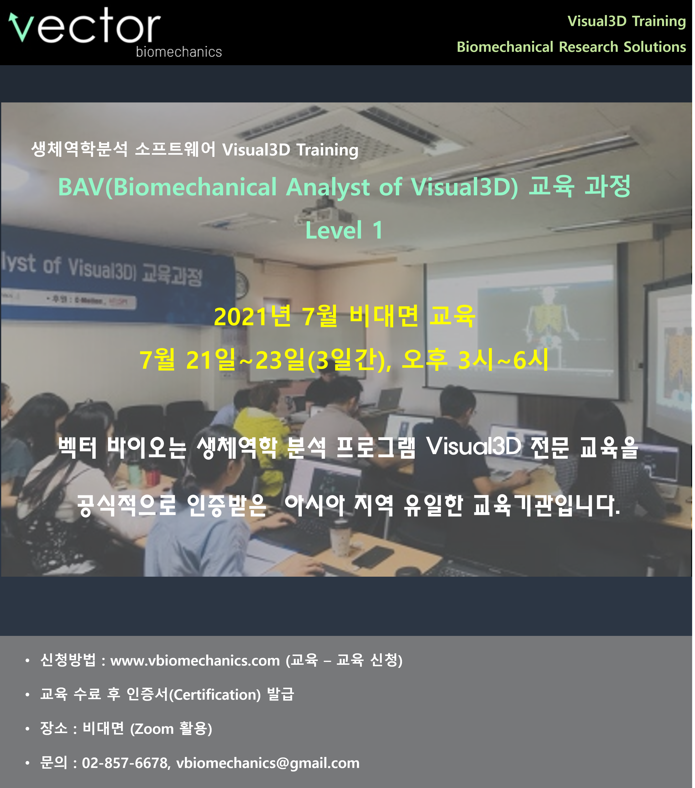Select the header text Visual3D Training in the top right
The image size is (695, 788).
[x=627, y=21]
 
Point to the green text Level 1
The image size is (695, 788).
[x=344, y=230]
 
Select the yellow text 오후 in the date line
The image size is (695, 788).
[x=424, y=359]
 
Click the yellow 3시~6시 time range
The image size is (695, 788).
[x=503, y=359]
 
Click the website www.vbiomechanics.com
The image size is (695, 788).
[x=195, y=661]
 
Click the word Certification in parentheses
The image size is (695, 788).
[x=215, y=695]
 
